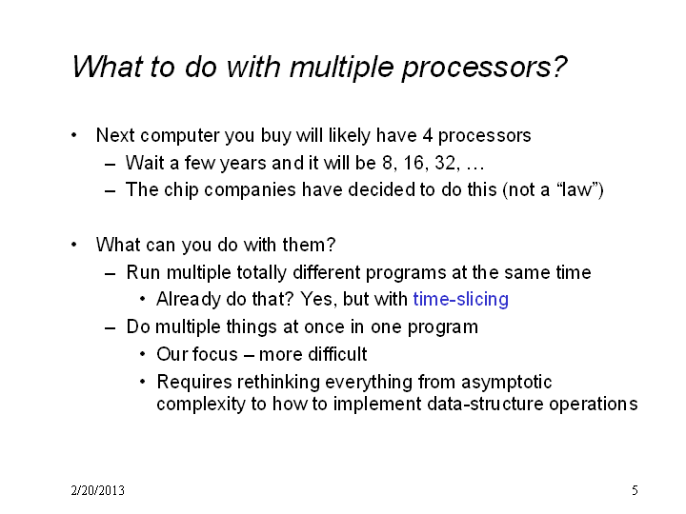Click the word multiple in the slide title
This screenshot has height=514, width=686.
(342, 68)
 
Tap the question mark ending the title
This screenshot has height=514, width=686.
(559, 67)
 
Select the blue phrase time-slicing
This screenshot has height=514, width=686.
(461, 300)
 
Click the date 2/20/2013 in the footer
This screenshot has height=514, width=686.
(97, 490)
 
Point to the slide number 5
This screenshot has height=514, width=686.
(635, 490)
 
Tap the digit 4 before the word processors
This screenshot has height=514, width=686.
(428, 135)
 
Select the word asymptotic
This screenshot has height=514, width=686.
(507, 382)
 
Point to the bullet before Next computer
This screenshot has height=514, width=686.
(74, 135)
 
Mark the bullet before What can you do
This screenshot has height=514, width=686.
(74, 245)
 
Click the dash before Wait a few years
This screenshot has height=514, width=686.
(111, 165)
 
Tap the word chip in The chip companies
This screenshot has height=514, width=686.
(181, 190)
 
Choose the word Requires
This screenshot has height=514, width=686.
(194, 382)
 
